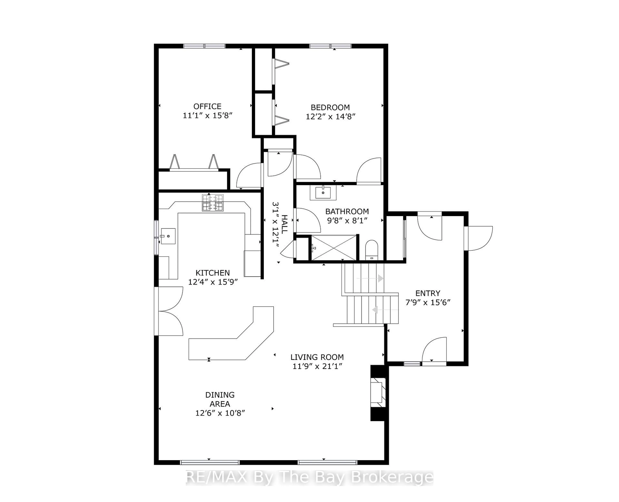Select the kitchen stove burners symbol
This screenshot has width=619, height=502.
tap(212, 203)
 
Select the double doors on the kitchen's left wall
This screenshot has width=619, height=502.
tap(169, 311)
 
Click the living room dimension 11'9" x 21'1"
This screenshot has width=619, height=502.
tap(317, 366)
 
